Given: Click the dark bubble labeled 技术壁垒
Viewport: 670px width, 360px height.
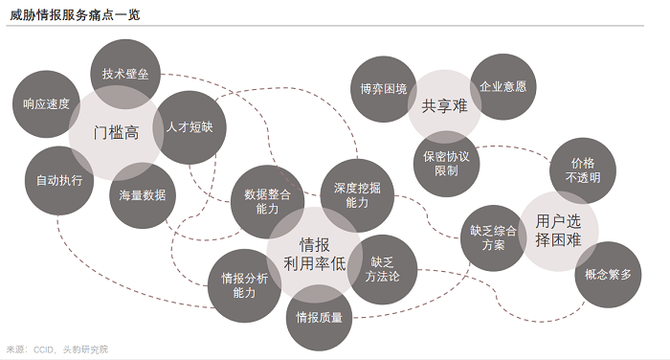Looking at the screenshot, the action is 125,74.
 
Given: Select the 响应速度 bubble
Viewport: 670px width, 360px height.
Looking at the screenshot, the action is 46,104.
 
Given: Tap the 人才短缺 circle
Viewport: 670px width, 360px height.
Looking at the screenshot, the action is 190,127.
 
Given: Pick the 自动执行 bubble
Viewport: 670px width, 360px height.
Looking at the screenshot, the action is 59,180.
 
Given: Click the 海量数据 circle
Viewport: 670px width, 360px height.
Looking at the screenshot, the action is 143,195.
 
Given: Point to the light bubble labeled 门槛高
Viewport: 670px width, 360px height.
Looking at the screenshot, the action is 116,132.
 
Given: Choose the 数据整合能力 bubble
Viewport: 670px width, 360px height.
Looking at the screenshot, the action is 267,202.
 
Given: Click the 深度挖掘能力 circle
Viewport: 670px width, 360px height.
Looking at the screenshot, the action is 357,195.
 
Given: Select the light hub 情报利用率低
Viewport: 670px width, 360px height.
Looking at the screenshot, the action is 315,255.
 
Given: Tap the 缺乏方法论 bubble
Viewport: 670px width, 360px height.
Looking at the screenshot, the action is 383,269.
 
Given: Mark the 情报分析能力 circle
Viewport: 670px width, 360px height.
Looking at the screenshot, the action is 244,285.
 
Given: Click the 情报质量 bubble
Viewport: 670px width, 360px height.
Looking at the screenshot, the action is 319,318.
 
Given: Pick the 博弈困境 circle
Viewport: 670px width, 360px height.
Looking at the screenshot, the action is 383,89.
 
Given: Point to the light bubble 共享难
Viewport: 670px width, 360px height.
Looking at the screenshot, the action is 444,106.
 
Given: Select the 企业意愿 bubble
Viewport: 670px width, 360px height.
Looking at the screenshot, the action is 502,87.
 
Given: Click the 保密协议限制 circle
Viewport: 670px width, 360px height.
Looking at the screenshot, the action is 447,164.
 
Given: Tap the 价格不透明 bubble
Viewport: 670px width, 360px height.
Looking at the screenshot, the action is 583,170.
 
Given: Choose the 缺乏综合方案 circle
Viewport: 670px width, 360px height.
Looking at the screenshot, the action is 494,238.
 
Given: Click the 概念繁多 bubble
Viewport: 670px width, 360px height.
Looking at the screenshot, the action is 608,275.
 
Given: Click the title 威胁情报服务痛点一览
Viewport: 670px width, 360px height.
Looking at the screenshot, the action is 76,15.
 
